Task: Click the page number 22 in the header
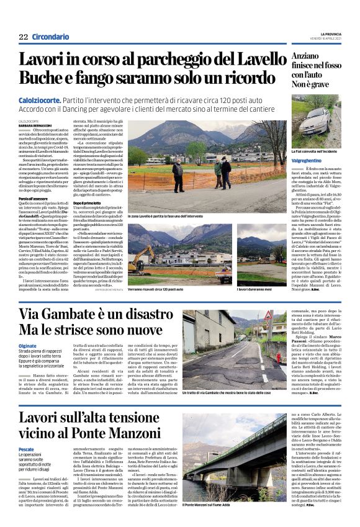click(23, 38)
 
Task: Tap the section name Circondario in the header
click(50, 38)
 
